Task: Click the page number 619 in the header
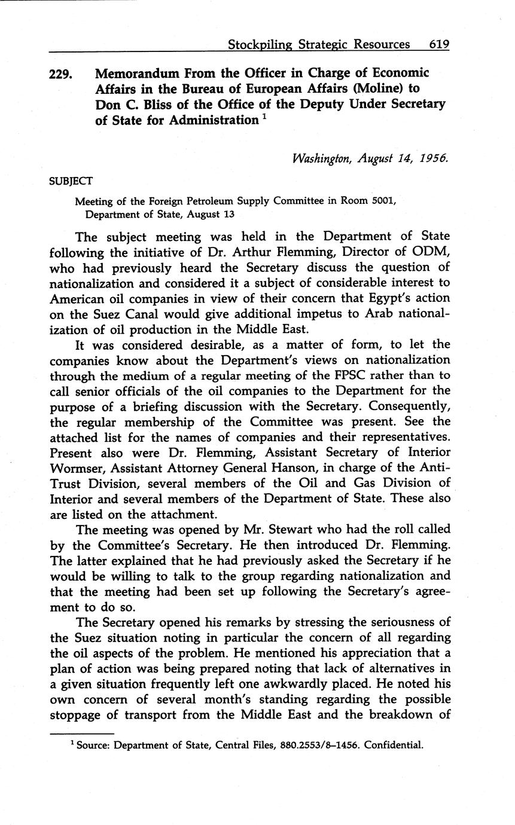pos(438,44)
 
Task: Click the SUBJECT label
pos(70,181)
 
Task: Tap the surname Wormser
pos(78,468)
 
